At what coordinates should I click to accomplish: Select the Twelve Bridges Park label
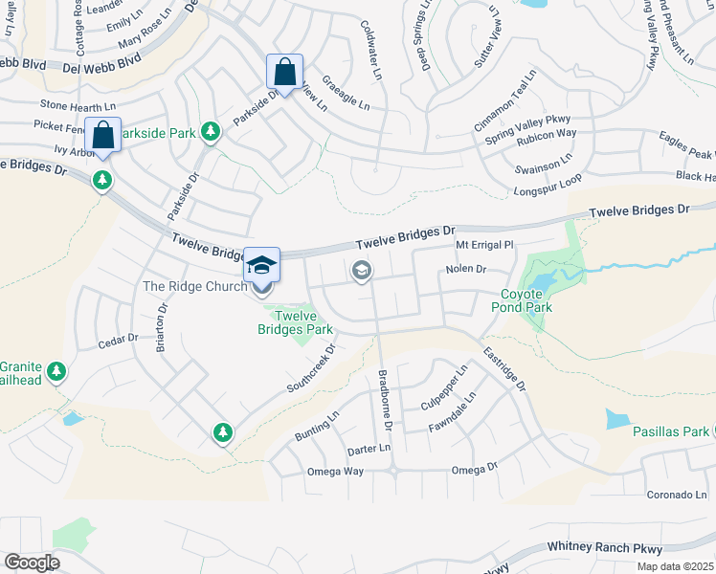tap(295, 322)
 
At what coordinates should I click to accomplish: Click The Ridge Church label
tap(194, 286)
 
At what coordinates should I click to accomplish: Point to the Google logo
tap(32, 563)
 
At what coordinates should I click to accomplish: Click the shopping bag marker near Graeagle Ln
tap(285, 73)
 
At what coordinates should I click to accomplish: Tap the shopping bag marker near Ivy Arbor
tap(101, 136)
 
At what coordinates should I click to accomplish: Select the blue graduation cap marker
tap(261, 265)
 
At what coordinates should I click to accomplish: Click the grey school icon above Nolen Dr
tap(361, 272)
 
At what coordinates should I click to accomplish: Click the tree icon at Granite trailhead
tap(57, 370)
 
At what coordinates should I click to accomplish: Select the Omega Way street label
tap(335, 472)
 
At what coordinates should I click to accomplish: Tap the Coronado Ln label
tap(674, 495)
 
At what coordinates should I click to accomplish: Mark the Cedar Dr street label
tap(120, 342)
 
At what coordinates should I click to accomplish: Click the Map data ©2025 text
tap(677, 566)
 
